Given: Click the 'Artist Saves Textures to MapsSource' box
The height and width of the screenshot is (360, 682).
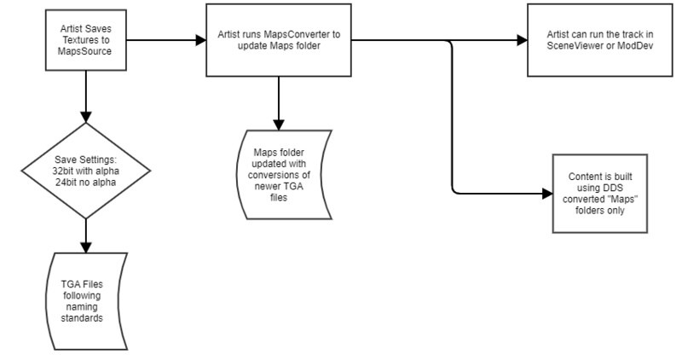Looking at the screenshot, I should (x=85, y=39).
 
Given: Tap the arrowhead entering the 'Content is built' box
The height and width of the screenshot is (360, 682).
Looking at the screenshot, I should (x=546, y=194).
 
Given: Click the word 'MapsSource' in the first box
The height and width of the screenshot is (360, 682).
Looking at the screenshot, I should (x=85, y=52).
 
